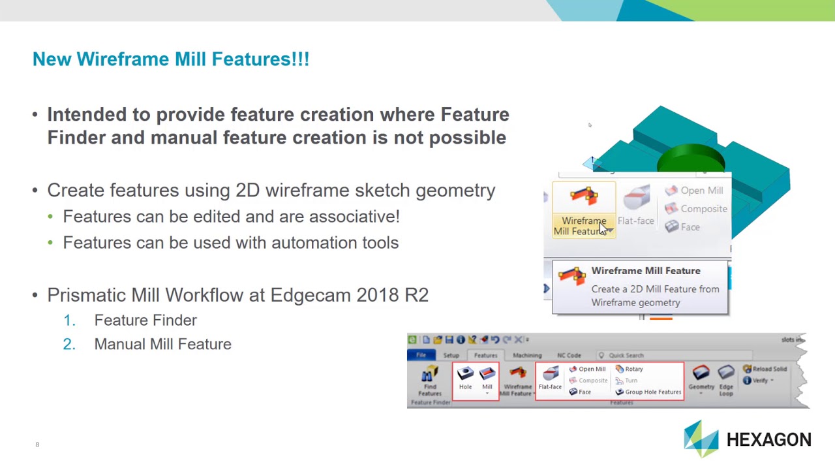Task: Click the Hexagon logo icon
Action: [701, 439]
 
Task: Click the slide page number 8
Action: [37, 445]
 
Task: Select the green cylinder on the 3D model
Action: [690, 159]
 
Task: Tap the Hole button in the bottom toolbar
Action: [465, 378]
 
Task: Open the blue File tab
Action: [421, 356]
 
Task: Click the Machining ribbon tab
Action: [527, 356]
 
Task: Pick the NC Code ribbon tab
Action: [569, 356]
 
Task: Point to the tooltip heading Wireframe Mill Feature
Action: [645, 271]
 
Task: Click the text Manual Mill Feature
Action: [162, 344]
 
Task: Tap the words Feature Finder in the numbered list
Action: [145, 321]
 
